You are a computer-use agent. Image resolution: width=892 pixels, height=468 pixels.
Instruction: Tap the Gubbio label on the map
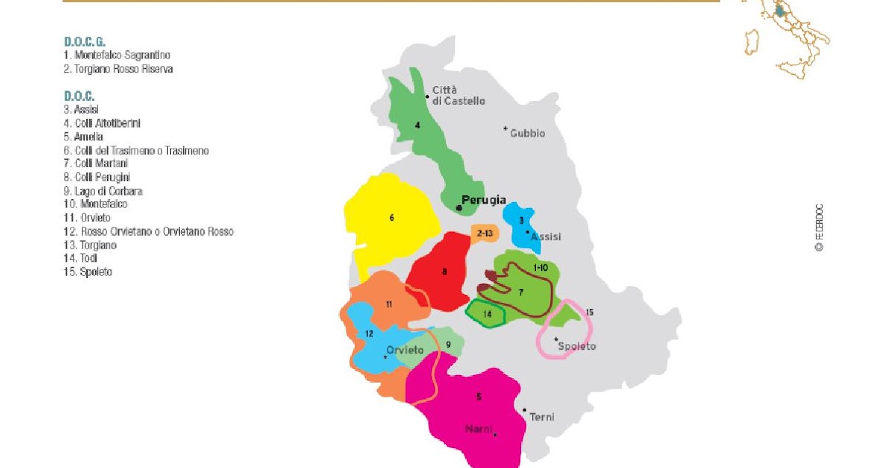click(527, 134)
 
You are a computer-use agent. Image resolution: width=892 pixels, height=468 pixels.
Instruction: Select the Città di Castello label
click(459, 95)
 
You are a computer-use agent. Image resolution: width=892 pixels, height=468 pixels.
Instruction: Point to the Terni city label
click(541, 417)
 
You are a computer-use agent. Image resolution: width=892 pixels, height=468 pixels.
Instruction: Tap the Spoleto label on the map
click(578, 346)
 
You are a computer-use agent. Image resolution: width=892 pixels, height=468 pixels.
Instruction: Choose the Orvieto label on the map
click(405, 350)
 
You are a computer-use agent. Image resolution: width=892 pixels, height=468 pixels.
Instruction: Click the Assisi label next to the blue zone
click(546, 237)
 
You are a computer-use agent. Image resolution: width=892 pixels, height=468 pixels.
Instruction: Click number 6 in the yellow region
click(392, 218)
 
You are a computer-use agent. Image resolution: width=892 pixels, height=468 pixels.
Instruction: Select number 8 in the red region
click(445, 272)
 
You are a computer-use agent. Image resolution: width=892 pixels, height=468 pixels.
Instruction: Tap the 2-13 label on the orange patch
click(485, 233)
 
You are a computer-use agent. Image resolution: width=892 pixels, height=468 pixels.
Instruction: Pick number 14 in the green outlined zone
click(488, 314)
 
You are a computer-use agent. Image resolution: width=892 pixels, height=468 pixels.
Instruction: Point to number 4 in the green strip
click(417, 126)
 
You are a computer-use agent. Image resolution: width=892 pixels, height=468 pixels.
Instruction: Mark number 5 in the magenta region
click(479, 397)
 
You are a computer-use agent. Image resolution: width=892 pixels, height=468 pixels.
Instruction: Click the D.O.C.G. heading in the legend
click(85, 42)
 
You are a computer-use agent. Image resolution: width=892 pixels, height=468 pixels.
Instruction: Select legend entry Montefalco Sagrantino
click(117, 55)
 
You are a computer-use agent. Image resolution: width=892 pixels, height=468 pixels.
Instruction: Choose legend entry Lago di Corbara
click(103, 191)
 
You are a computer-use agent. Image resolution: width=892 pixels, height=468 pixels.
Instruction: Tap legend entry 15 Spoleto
click(88, 272)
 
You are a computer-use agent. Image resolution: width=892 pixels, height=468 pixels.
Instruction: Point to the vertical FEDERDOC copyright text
click(818, 227)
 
